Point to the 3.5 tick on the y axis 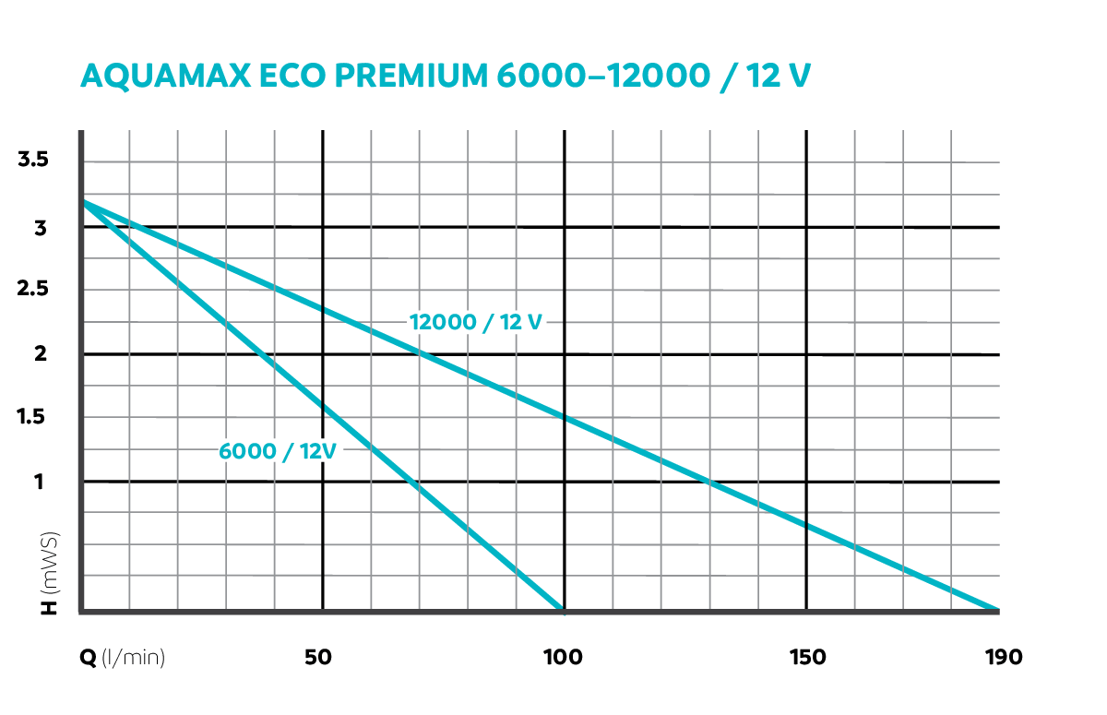pyautogui.click(x=33, y=160)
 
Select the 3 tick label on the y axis pyautogui.click(x=41, y=227)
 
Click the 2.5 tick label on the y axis pyautogui.click(x=33, y=290)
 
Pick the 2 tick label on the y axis pyautogui.click(x=41, y=353)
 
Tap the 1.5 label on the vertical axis pyautogui.click(x=33, y=417)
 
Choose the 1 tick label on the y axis pyautogui.click(x=41, y=481)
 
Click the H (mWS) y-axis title pyautogui.click(x=50, y=572)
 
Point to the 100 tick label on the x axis pyautogui.click(x=563, y=657)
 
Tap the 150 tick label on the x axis pyautogui.click(x=807, y=657)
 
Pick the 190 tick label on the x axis pyautogui.click(x=1002, y=657)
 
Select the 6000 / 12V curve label pyautogui.click(x=276, y=451)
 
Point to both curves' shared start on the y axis pyautogui.click(x=83, y=201)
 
